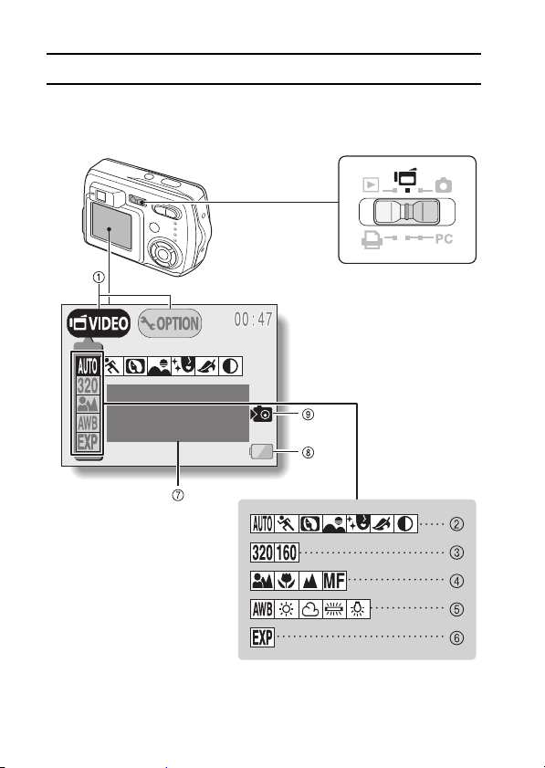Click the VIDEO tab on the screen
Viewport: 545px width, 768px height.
click(99, 323)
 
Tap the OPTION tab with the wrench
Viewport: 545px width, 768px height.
click(170, 323)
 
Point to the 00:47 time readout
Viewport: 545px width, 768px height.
click(253, 320)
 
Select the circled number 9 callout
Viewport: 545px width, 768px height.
click(308, 415)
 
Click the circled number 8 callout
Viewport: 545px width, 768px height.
click(308, 452)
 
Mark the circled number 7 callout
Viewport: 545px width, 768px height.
click(178, 495)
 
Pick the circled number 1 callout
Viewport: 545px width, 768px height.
click(99, 278)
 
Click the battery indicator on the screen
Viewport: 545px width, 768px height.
click(261, 452)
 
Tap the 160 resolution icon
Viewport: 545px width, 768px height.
click(287, 552)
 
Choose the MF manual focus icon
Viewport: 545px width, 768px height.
click(334, 581)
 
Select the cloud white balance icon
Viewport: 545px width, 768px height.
click(310, 609)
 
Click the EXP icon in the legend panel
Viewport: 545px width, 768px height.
click(263, 637)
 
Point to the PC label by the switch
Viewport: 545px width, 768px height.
click(444, 239)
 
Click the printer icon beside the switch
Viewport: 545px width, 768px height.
click(372, 239)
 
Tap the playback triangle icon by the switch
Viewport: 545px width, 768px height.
click(371, 184)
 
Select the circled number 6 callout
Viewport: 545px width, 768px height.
click(456, 638)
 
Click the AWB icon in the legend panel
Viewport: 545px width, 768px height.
click(263, 609)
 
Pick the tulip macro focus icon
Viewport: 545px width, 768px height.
click(287, 581)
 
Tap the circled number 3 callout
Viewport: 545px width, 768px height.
click(456, 552)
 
